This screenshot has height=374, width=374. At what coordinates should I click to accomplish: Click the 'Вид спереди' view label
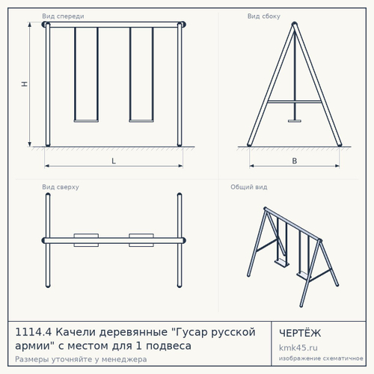[63, 16]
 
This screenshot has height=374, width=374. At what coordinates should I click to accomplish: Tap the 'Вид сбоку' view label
[264, 16]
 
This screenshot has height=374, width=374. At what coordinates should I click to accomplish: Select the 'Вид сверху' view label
[61, 187]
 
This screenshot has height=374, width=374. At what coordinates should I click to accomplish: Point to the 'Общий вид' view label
[249, 187]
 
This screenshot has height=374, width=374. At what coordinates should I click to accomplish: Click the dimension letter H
[24, 84]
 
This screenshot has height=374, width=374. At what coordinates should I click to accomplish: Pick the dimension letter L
[114, 161]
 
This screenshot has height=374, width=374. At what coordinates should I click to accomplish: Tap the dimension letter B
[295, 161]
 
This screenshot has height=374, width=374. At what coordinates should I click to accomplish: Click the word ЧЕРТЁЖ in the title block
[300, 333]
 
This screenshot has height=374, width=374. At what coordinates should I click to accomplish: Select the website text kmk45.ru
[298, 348]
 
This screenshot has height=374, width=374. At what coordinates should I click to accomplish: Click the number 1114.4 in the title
[34, 332]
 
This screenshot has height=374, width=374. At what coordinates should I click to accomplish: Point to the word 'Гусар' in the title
[191, 332]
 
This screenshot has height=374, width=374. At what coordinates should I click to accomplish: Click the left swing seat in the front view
[86, 121]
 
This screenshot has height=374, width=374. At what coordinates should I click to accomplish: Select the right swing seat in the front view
[141, 121]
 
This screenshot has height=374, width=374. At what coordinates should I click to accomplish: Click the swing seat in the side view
[295, 121]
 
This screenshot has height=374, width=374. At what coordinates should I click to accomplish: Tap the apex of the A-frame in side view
[295, 23]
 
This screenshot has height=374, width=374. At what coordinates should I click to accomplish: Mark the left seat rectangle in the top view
[86, 240]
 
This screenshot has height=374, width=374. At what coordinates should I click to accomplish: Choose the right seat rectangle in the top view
[141, 240]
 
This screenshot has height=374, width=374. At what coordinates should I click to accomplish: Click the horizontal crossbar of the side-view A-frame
[295, 102]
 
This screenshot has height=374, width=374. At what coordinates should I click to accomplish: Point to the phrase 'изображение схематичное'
[321, 358]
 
